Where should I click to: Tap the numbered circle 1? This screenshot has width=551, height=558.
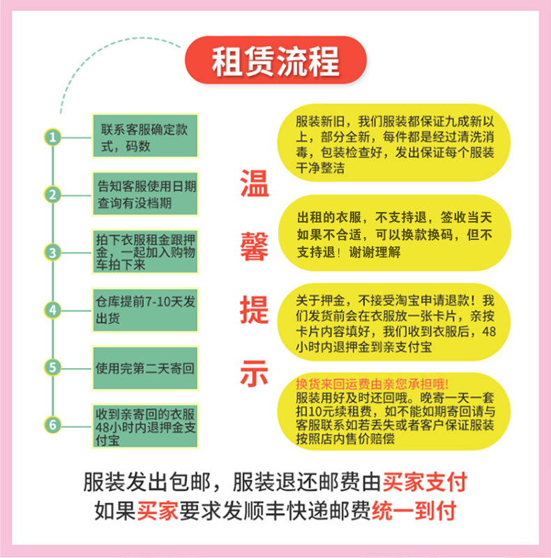point(52,137)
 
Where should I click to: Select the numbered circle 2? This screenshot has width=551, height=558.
point(52,194)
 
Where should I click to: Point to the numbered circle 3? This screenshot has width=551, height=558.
point(52,252)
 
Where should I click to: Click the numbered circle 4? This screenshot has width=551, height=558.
point(52,309)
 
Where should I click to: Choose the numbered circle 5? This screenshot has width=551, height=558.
point(52,366)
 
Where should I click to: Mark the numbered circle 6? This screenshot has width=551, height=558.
point(52,424)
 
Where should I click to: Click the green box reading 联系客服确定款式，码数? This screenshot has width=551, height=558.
point(144,137)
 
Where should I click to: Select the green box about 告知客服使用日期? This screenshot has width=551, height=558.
point(144,194)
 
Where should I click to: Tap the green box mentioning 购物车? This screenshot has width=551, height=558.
point(144,252)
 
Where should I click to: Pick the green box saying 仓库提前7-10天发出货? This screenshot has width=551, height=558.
point(144,309)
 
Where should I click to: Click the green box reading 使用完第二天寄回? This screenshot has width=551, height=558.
point(144,366)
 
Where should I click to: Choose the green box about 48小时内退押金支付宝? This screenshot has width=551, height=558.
point(144,424)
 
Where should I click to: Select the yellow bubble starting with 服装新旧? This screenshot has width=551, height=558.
point(395,144)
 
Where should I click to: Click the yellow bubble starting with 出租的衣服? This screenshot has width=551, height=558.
point(395,233)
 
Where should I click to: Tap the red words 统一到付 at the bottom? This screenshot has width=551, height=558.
point(414,510)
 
